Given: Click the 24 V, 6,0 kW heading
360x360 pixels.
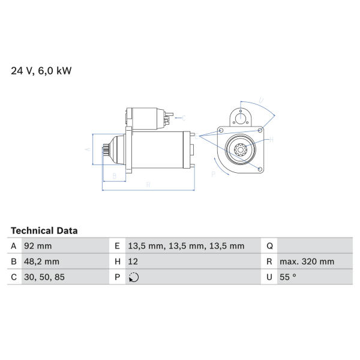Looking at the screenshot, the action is click(41, 71).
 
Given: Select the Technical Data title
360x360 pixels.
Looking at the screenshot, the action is click(44, 231).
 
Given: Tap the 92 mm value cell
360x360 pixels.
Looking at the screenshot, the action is click(38, 246).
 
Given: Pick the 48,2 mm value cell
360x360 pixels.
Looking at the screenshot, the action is click(41, 262).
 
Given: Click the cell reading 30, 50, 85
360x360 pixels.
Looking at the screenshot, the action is click(44, 277).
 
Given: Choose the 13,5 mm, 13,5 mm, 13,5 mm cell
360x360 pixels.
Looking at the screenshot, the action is click(186, 246).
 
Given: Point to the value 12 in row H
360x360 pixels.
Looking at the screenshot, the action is click(133, 262).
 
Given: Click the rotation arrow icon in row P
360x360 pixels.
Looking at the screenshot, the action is click(134, 277).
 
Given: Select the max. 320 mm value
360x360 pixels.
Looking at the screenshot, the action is click(307, 262).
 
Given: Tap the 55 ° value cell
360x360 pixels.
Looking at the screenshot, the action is click(288, 277).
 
